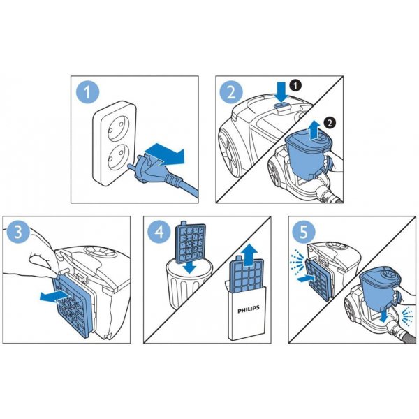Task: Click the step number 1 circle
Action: (x=88, y=92)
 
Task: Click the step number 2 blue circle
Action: (x=231, y=92)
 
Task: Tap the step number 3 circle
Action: (x=18, y=232)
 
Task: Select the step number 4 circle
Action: (x=159, y=232)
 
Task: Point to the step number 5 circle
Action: (x=304, y=232)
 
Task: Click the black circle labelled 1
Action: (x=295, y=86)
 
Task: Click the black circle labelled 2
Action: (x=330, y=123)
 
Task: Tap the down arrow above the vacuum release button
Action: (x=282, y=92)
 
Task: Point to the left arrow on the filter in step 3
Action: (x=55, y=297)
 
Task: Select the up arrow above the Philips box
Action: (x=249, y=255)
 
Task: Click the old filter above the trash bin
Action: (x=190, y=240)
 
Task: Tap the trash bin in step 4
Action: (x=187, y=284)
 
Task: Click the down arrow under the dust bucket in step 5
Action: (x=384, y=316)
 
